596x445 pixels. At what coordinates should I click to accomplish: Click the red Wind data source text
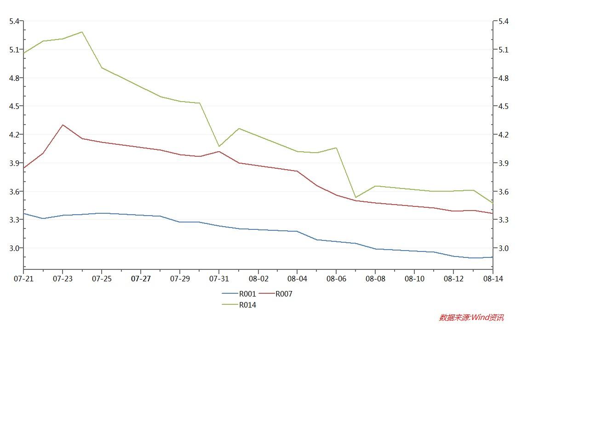pyautogui.click(x=471, y=318)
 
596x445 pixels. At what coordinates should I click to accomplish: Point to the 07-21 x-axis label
pyautogui.click(x=23, y=279)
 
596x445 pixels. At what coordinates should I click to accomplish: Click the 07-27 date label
pyautogui.click(x=141, y=279)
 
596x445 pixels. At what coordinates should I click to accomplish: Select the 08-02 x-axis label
pyautogui.click(x=258, y=279)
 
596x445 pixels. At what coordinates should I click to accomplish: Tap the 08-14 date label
pyautogui.click(x=493, y=279)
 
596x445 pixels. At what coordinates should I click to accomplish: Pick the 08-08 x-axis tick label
pyautogui.click(x=375, y=279)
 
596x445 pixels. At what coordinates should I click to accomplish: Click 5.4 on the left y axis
pyautogui.click(x=14, y=21)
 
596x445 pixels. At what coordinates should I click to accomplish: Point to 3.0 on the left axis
pyautogui.click(x=14, y=248)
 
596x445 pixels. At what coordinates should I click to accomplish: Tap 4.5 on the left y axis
pyautogui.click(x=14, y=106)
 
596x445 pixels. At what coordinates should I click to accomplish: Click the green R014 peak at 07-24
pyautogui.click(x=82, y=32)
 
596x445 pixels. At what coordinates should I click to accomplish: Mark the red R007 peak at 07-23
pyautogui.click(x=63, y=125)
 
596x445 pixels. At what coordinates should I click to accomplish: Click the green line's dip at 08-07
pyautogui.click(x=355, y=198)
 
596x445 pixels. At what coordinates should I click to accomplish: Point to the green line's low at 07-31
pyautogui.click(x=219, y=146)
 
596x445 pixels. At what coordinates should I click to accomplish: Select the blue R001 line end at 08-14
pyautogui.click(x=493, y=257)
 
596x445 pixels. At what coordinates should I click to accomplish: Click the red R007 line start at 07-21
pyautogui.click(x=24, y=168)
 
